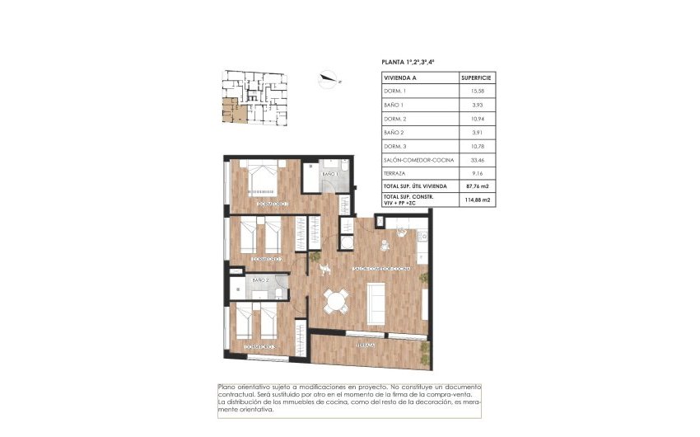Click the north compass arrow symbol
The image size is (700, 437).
tap(327, 79)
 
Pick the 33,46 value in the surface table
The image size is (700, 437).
tap(478, 159)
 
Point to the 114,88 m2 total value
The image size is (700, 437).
tap(478, 199)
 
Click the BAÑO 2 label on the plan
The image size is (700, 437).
tap(260, 281)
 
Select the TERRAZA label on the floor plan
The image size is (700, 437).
tap(366, 345)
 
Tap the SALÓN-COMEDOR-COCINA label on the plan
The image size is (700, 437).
tap(381, 269)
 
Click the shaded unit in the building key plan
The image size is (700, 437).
tap(229, 109)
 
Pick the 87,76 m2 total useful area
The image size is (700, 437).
tap(478, 186)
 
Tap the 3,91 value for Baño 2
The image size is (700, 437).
tap(478, 132)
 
